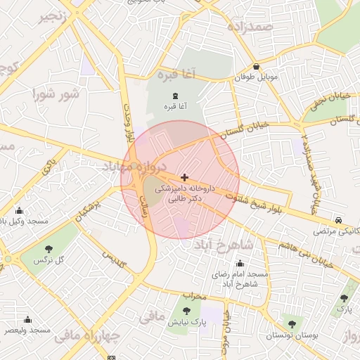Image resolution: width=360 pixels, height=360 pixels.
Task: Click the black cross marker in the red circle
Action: (184, 177)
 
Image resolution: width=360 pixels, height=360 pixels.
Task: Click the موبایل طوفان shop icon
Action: (256, 67)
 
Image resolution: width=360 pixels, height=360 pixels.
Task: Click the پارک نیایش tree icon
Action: (186, 310)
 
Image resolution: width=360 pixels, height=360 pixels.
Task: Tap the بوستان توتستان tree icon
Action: (292, 324)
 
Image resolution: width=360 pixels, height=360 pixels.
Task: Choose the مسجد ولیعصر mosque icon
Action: (28, 319)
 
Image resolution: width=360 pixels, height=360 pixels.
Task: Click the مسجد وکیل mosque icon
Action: (19, 210)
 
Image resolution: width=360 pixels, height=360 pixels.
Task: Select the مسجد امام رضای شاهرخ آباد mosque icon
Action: (239, 263)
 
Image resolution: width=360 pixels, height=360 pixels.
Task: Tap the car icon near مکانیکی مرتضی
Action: (340, 219)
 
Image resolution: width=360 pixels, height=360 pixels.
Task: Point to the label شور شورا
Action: (56, 94)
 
